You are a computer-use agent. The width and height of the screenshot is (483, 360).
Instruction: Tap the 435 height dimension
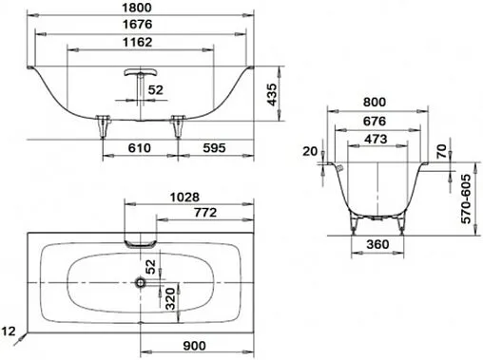[x=274, y=94]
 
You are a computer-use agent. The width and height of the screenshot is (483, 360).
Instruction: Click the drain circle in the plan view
[x=141, y=282]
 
